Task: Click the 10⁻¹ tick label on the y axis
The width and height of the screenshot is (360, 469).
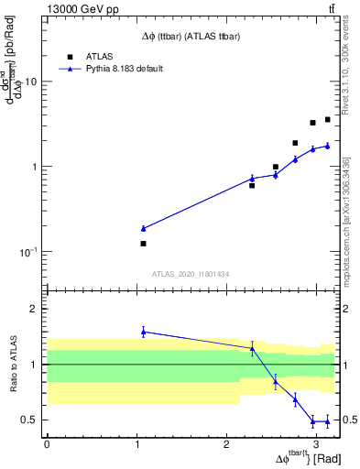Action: (x=29, y=252)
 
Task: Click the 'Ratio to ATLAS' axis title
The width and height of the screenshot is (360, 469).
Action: (x=13, y=364)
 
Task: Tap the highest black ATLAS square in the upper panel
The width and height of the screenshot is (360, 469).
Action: (x=327, y=120)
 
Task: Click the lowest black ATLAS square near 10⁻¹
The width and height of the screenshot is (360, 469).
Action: (x=143, y=244)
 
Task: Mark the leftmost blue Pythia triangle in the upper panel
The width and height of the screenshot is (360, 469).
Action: (x=143, y=228)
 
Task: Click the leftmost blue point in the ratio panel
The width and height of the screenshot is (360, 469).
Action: (x=143, y=332)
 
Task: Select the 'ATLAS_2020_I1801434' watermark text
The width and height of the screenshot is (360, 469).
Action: (x=190, y=274)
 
